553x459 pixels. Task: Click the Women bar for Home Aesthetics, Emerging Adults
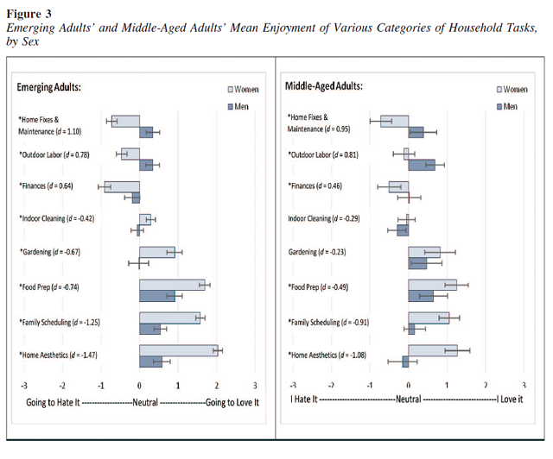(178, 349)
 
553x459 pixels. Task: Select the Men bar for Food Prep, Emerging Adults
(157, 295)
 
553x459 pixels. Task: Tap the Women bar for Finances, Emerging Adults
(122, 186)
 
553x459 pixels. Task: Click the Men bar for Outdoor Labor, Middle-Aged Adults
(422, 164)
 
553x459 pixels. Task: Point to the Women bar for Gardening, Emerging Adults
(157, 252)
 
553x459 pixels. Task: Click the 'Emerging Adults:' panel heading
(49, 87)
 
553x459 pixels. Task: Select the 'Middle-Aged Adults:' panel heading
(324, 86)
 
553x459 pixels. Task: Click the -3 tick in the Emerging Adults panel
(23, 385)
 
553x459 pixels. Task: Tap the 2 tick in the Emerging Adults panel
(217, 385)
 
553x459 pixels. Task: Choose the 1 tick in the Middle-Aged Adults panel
(447, 385)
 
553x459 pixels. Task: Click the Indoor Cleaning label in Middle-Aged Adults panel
(334, 219)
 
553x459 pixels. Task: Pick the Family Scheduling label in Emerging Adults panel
(61, 321)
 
